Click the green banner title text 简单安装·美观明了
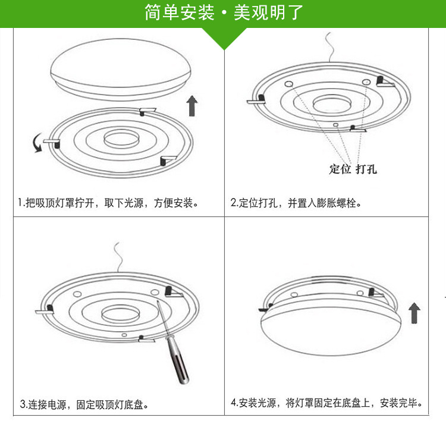(224, 12)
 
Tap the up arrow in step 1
(192, 106)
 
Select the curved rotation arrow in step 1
(37, 143)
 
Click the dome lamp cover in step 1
(121, 69)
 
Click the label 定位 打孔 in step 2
(353, 169)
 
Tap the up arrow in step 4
(414, 313)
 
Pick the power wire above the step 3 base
(118, 257)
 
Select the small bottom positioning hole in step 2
(335, 125)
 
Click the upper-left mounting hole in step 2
(288, 84)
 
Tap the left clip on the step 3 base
(45, 310)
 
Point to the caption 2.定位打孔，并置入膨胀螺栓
(296, 203)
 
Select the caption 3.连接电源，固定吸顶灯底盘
(84, 404)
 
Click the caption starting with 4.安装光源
(326, 403)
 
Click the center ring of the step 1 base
(121, 139)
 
